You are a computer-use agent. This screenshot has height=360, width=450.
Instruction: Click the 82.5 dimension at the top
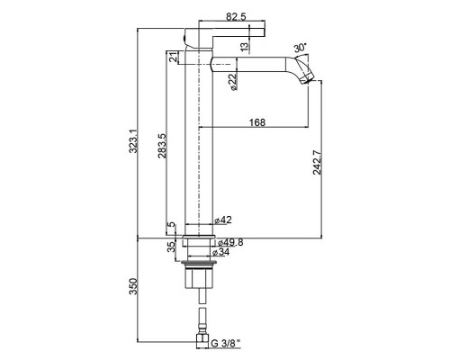[236, 17]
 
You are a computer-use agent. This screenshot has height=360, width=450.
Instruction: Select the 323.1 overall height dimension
[133, 141]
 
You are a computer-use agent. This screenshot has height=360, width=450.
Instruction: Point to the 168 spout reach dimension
[257, 122]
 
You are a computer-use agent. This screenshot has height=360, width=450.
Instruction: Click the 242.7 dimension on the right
[317, 162]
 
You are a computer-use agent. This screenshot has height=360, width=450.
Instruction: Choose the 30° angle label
[301, 48]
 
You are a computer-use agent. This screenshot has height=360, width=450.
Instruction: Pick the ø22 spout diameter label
[233, 82]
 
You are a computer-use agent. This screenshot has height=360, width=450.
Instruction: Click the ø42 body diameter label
[223, 220]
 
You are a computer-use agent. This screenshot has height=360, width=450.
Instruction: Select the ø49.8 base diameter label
[230, 242]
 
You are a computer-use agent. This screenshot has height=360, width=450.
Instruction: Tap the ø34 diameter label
[220, 252]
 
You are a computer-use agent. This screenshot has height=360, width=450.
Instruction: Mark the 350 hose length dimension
[133, 286]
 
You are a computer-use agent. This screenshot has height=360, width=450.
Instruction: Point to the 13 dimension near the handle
[245, 46]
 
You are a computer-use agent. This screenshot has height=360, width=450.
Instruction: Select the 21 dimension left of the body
[173, 57]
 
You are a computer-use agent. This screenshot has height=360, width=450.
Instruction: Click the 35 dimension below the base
[171, 247]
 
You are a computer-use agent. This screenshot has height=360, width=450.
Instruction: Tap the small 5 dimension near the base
[171, 225]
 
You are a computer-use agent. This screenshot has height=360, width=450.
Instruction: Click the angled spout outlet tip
[309, 80]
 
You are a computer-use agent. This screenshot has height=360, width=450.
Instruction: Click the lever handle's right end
[265, 32]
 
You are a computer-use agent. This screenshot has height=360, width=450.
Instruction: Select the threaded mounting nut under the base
[199, 264]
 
